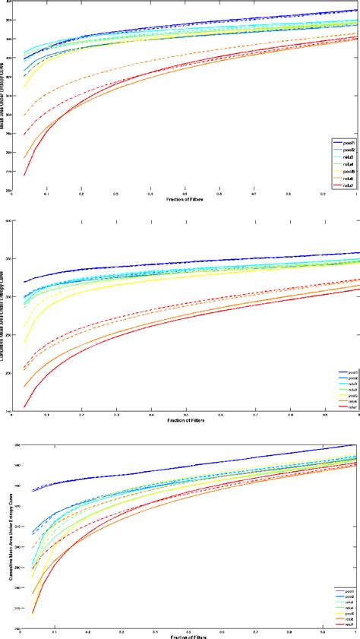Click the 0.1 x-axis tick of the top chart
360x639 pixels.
coord(47,195)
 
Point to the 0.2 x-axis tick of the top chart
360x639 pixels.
coord(81,195)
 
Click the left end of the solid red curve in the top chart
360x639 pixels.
coord(24,176)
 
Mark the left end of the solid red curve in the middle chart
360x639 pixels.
coord(24,386)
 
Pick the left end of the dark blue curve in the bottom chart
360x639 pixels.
coord(33,491)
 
